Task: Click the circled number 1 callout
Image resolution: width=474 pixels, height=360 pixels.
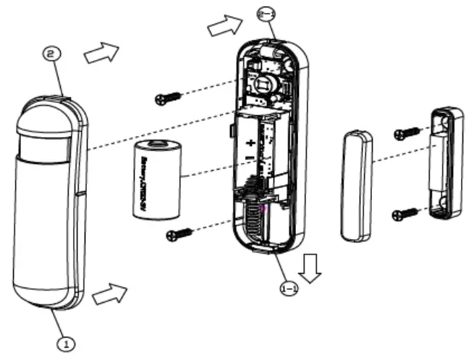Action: coord(65,338)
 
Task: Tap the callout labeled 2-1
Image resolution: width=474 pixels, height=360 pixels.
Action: coord(266,13)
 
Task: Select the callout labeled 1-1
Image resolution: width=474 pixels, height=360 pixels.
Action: coord(288,288)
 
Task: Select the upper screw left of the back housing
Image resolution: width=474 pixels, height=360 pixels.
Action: coord(167,99)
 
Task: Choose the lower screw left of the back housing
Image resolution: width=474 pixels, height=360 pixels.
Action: coord(178,233)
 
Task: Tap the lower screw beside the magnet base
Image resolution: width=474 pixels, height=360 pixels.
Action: coord(406,213)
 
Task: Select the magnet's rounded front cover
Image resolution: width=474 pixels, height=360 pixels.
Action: coord(356,185)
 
